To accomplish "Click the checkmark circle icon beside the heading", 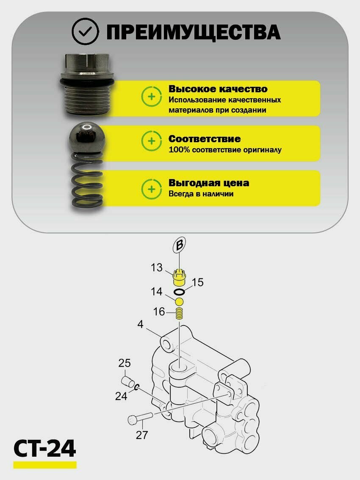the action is pos(85,31).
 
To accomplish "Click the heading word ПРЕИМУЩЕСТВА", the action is pos(193,32).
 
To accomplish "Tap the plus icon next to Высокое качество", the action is pos(151,97).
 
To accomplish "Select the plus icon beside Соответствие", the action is pos(151,141).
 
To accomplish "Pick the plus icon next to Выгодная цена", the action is pos(151,189).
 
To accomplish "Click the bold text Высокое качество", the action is pos(218,89).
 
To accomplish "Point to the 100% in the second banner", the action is pos(179,150).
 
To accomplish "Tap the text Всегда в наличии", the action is pos(201,194).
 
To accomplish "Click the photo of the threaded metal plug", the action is pos(87,84).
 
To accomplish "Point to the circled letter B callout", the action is pos(180,245).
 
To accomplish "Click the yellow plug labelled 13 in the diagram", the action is pos(178,276).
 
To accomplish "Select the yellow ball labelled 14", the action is pos(179,302).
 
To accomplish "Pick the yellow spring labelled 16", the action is pos(179,314).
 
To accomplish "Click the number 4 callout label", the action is pos(140,324).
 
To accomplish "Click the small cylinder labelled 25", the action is pos(128,381).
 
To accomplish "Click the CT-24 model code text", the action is pos(45,449).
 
